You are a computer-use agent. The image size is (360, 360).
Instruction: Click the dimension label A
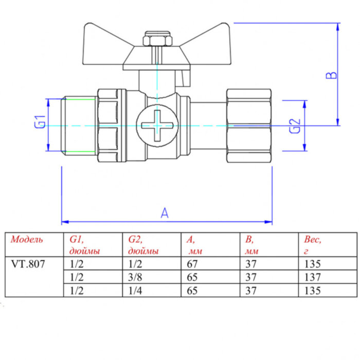pos(164,213)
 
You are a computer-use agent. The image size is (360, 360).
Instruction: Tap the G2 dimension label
pos(295,125)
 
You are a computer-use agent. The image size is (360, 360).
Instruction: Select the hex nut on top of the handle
pos(152,40)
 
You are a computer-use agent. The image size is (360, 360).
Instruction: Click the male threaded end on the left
pos(79,124)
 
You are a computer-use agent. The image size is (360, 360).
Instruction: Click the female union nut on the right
pos(248,125)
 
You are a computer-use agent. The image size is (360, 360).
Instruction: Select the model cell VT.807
pos(28,264)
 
